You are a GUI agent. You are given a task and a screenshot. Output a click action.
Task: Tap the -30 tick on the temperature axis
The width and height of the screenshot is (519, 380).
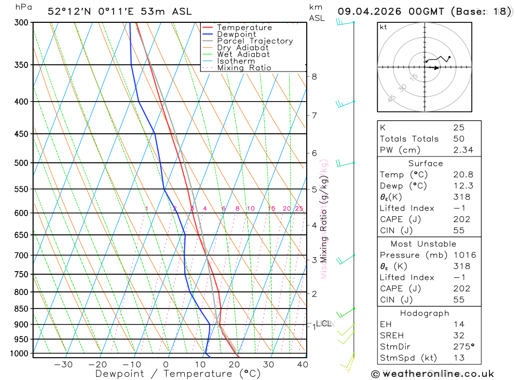(63, 364)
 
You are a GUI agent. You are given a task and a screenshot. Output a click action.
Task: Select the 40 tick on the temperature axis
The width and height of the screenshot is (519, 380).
(302, 364)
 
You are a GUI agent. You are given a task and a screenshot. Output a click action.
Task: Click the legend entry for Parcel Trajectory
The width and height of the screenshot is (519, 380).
(255, 41)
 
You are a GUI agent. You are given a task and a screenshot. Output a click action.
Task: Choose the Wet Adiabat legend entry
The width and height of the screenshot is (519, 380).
(243, 54)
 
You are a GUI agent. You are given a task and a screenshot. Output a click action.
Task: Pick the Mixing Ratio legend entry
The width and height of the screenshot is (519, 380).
(244, 68)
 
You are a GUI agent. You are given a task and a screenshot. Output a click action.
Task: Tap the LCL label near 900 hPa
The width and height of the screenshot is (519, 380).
(324, 323)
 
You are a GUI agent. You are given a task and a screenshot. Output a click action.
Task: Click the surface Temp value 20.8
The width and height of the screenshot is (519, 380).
(463, 175)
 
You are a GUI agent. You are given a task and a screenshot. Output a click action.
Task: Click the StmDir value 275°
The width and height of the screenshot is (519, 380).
(463, 346)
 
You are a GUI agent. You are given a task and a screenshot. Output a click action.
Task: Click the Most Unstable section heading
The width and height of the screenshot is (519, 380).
(424, 244)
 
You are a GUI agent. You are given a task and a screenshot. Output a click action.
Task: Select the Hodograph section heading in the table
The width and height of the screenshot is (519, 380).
(424, 313)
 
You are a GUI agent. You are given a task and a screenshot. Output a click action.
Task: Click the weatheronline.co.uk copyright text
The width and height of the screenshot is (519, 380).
(433, 374)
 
